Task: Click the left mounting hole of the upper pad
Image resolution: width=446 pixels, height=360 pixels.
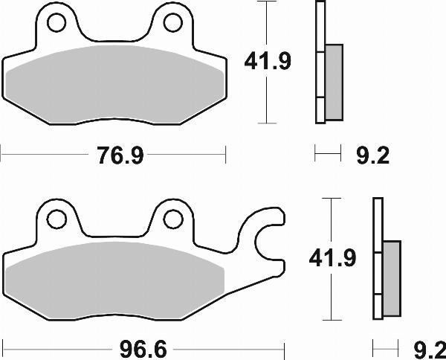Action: pos(56,25)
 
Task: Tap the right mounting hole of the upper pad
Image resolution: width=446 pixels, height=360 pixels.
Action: pos(172,25)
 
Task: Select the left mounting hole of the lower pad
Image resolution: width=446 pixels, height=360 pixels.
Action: pos(56,219)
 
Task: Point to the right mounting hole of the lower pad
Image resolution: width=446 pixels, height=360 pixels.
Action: pos(172,219)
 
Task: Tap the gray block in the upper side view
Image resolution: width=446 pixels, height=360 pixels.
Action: pos(334,81)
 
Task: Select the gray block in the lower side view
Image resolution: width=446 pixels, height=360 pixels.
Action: pos(391,278)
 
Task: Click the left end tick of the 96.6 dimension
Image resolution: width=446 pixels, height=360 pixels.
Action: pos(2,347)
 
